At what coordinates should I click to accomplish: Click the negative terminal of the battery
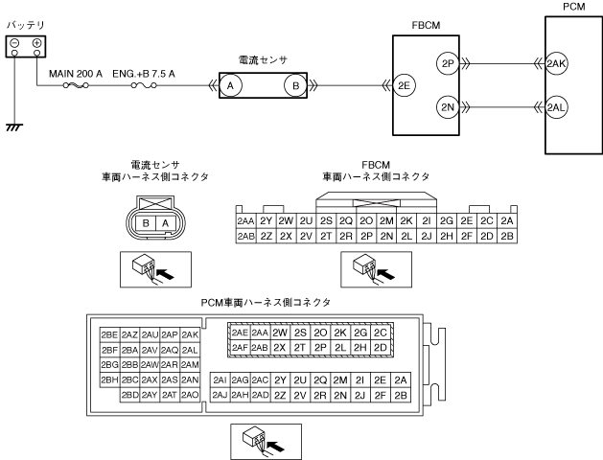point(13,45)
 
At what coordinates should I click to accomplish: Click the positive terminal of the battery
point(36,45)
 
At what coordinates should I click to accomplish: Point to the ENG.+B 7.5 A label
point(143,72)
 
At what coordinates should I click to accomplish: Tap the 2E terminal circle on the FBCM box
point(403,85)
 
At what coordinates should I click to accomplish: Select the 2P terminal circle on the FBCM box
point(448,64)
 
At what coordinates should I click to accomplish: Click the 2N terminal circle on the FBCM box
point(448,106)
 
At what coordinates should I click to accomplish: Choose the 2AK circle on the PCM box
point(557,64)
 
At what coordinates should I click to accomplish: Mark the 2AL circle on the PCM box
point(557,106)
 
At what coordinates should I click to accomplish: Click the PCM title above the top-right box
point(572,8)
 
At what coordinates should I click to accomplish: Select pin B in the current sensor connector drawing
point(144,222)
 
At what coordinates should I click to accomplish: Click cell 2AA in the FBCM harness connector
point(245,220)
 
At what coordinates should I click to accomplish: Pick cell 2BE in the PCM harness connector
point(109,334)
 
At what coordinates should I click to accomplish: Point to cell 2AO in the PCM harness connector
point(190,395)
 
